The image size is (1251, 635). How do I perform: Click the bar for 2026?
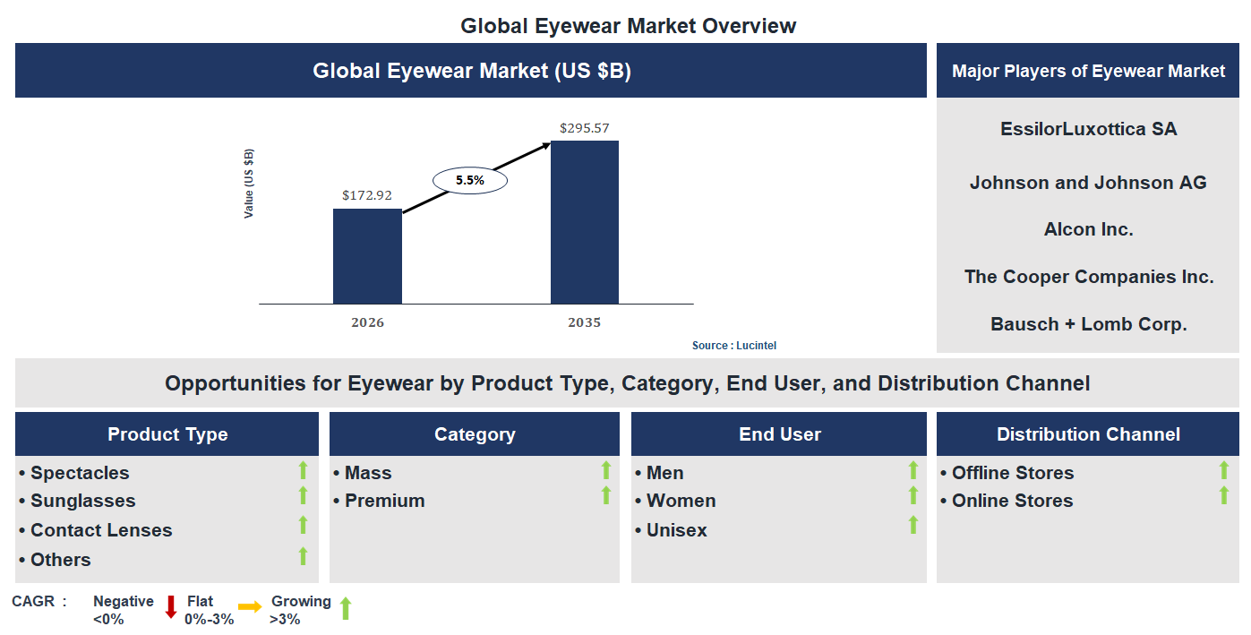coord(367,256)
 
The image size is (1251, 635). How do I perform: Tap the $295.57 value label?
coord(584,128)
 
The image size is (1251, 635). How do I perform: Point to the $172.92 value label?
coord(367,194)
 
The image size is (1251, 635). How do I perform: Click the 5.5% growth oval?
coord(469,180)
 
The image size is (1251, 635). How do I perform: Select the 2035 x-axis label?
coord(584,322)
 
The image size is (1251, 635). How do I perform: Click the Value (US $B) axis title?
coord(249,184)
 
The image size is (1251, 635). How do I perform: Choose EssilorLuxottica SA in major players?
coord(1088,129)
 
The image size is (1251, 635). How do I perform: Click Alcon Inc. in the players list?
coord(1088,229)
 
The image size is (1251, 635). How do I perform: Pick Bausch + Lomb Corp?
coord(1088,324)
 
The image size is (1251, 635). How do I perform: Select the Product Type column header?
coord(167,434)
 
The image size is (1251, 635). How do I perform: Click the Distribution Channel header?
coord(1088,434)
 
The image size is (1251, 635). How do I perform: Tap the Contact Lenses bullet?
coord(100,530)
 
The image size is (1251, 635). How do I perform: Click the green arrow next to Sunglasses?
coord(303,496)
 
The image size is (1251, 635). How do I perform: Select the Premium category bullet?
coord(384,501)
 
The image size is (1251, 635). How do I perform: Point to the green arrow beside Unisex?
coord(913,525)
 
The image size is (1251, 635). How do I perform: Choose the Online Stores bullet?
coord(1012,501)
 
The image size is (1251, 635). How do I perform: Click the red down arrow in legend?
coord(171,607)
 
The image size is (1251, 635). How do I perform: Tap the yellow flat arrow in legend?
coord(250,607)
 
